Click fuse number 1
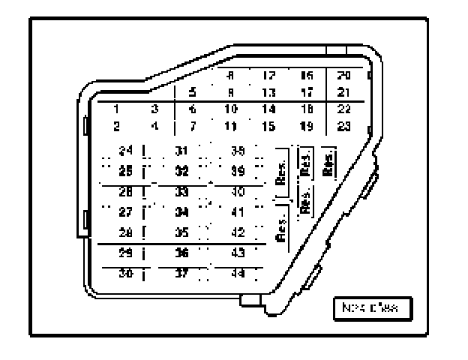pyautogui.click(x=116, y=109)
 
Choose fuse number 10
pyautogui.click(x=231, y=109)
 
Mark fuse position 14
pyautogui.click(x=268, y=109)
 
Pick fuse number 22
pyautogui.click(x=344, y=109)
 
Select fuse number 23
pyautogui.click(x=344, y=125)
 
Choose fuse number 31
pyautogui.click(x=181, y=151)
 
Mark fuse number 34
pyautogui.click(x=181, y=211)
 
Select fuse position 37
pyautogui.click(x=181, y=274)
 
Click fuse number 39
pyautogui.click(x=238, y=171)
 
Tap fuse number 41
pyautogui.click(x=238, y=211)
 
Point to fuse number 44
pyautogui.click(x=238, y=274)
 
